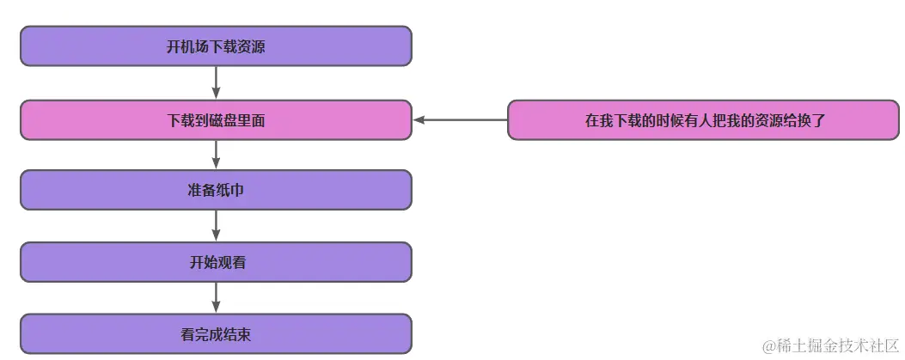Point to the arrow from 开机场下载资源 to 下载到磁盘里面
(x=216, y=82)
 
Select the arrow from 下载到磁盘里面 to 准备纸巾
(x=216, y=154)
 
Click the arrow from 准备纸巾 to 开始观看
(x=216, y=225)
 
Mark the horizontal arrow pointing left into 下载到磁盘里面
(x=460, y=120)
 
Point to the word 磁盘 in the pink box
(x=223, y=121)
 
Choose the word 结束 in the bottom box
(x=236, y=334)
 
